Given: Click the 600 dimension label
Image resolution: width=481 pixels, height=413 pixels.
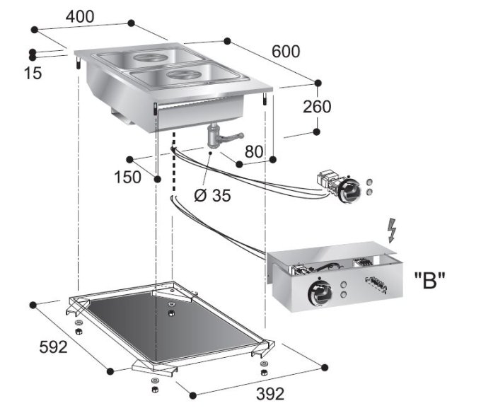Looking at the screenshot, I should point(286,51).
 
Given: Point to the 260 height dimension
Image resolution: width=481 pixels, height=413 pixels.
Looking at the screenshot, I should point(316,107).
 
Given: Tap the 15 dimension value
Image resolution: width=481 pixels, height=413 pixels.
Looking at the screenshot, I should point(32,72).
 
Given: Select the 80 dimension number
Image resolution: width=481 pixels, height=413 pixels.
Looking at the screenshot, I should point(254,151).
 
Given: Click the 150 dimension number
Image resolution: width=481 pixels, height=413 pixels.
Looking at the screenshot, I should point(127,178).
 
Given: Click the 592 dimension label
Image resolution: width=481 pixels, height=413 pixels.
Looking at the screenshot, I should point(53,347).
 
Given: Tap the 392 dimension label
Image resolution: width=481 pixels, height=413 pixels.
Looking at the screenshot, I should point(270,393).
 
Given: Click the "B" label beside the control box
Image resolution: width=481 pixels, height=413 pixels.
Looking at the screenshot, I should point(429,281).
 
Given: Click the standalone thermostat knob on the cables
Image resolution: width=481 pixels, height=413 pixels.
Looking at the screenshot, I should point(348,189).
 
